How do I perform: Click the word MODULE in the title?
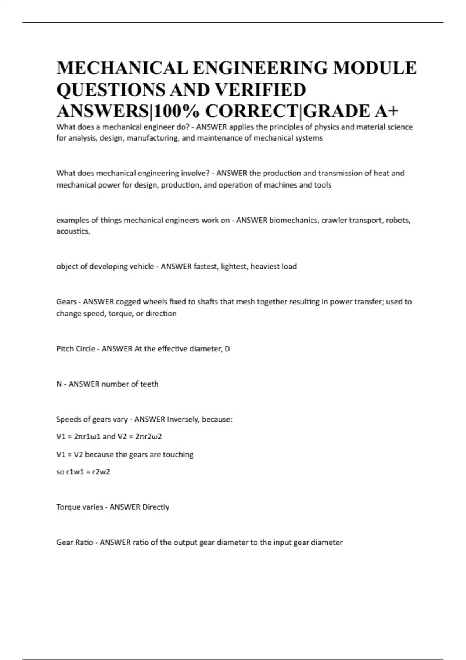point(375,68)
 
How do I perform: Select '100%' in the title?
point(177,111)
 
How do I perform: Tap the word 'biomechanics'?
point(293,220)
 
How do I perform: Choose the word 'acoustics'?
point(73,231)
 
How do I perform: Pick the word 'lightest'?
point(234,267)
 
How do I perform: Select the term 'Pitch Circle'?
point(76,349)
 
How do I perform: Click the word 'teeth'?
point(149,384)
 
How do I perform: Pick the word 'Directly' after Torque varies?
point(156,507)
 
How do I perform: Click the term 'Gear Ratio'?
point(75,542)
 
